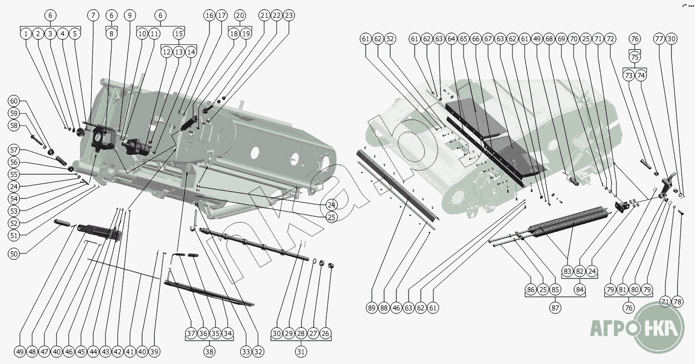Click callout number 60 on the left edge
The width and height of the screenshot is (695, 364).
pyautogui.click(x=14, y=101)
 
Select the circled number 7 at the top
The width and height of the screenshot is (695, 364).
pyautogui.click(x=93, y=15)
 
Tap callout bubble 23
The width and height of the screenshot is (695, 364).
pyautogui.click(x=289, y=15)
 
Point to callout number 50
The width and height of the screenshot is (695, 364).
pyautogui.click(x=14, y=253)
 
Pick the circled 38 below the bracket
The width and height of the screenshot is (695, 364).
pyautogui.click(x=209, y=351)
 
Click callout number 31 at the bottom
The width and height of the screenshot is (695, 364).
pyautogui.click(x=301, y=351)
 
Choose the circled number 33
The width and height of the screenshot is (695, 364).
pyautogui.click(x=245, y=351)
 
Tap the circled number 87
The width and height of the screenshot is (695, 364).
pyautogui.click(x=555, y=308)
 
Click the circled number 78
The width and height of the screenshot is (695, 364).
pyautogui.click(x=677, y=301)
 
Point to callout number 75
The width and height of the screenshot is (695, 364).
pyautogui.click(x=635, y=57)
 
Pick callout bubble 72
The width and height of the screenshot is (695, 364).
pyautogui.click(x=610, y=39)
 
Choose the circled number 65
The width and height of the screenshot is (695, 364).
pyautogui.click(x=464, y=39)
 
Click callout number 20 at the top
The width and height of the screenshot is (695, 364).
pyautogui.click(x=240, y=15)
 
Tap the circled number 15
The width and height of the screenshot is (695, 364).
pyautogui.click(x=178, y=34)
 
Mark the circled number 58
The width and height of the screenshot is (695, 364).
pyautogui.click(x=14, y=125)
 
